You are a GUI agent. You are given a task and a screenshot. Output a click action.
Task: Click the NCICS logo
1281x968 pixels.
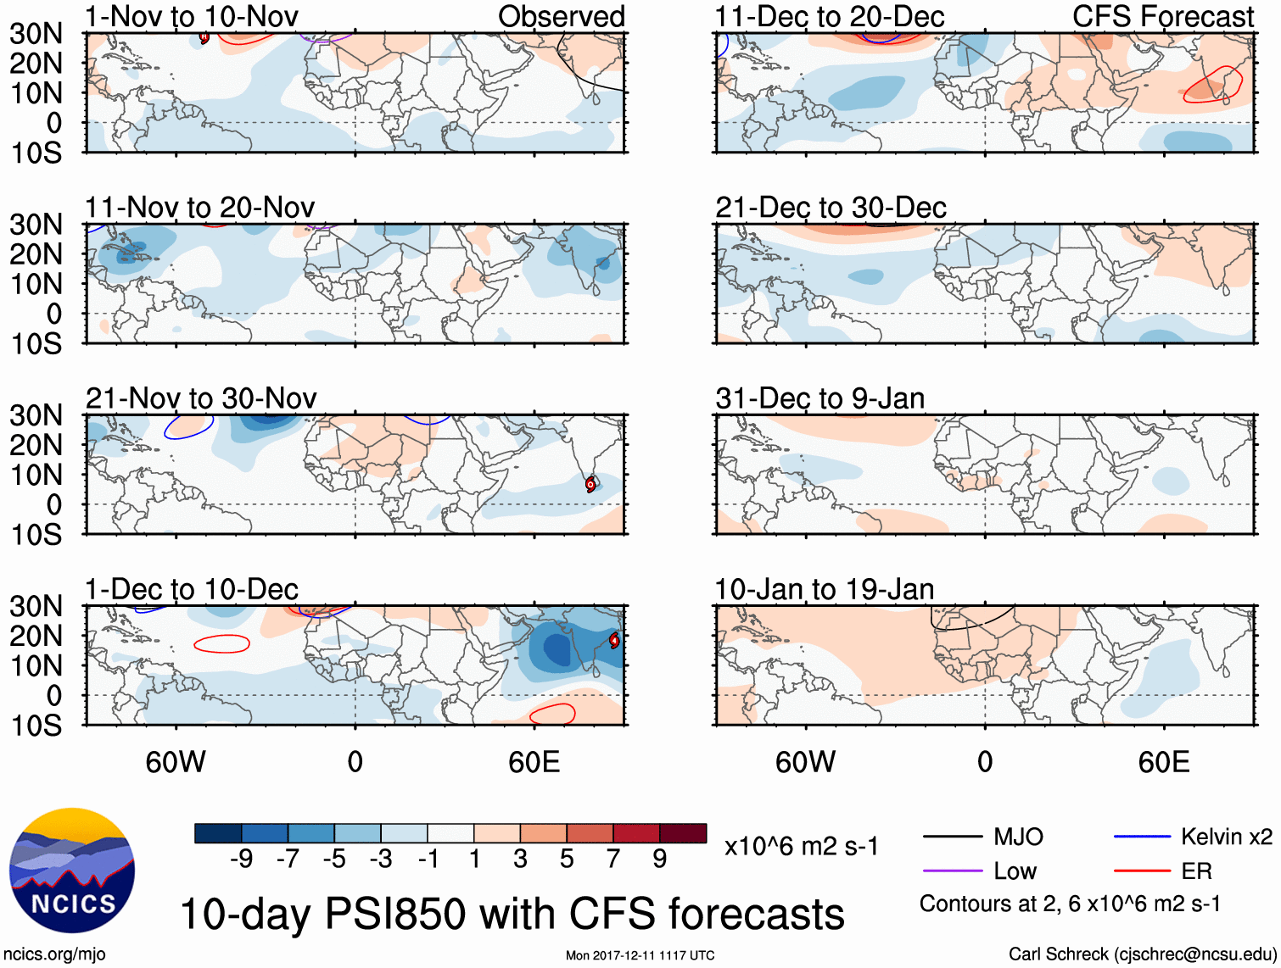[72, 871]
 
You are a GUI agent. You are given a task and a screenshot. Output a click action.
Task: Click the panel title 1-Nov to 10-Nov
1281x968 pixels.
[191, 16]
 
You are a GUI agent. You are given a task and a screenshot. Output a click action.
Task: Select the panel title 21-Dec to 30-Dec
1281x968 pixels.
[831, 208]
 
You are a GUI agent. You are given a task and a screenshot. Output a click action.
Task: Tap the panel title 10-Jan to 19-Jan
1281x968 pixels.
[824, 589]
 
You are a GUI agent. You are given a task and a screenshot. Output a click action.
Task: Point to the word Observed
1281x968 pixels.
[561, 16]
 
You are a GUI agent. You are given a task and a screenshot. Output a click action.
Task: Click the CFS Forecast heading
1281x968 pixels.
[1162, 16]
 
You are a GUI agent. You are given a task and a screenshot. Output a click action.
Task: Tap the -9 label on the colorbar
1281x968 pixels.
[241, 859]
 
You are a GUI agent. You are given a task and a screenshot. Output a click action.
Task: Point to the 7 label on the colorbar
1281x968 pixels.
[613, 859]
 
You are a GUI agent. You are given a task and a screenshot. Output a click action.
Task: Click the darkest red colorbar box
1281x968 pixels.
[683, 833]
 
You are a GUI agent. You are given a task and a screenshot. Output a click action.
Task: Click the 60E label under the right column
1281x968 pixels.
[1163, 762]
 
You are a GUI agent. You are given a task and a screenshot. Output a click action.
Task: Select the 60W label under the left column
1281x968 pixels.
[176, 762]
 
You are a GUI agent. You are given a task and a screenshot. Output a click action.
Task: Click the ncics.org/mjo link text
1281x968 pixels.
[54, 954]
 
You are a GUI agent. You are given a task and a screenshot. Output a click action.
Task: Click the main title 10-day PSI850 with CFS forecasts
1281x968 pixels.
[512, 915]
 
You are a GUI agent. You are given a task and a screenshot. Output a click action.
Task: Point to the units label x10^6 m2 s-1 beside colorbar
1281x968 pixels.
[801, 846]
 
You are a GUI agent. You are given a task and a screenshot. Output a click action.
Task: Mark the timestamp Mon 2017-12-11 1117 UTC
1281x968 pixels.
[640, 955]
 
